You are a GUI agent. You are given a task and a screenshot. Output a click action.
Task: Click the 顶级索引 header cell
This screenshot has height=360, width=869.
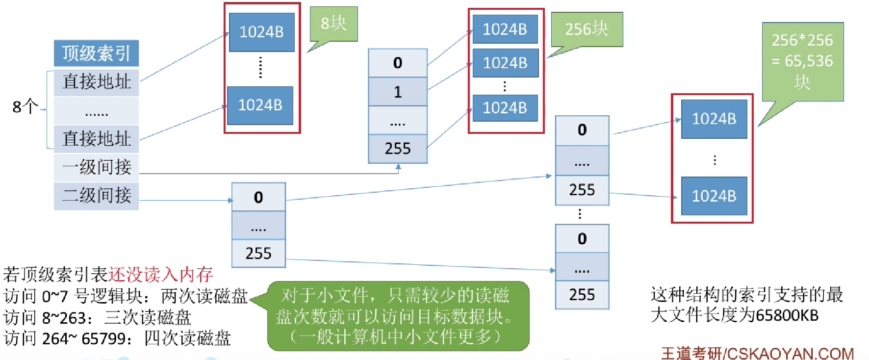pyautogui.click(x=96, y=53)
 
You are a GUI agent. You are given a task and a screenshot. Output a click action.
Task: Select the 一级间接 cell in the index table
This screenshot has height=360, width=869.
pyautogui.click(x=96, y=167)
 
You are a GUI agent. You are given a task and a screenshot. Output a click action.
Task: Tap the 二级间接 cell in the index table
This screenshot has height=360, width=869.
pyautogui.click(x=96, y=196)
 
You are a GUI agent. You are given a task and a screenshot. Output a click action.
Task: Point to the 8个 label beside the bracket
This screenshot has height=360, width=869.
pyautogui.click(x=25, y=106)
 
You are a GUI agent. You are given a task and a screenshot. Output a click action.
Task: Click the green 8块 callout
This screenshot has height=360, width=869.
pyautogui.click(x=333, y=24)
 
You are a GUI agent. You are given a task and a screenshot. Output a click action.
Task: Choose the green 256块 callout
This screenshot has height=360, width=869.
pyautogui.click(x=587, y=29)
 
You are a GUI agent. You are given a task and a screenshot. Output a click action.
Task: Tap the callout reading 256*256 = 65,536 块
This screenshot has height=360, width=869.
pyautogui.click(x=802, y=61)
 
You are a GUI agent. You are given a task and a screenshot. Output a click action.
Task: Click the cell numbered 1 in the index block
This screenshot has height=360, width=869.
pyautogui.click(x=397, y=92)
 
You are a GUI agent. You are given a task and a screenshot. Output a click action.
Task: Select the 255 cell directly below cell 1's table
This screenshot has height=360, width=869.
pyautogui.click(x=397, y=148)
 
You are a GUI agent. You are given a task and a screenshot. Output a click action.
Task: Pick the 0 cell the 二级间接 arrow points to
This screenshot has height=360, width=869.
pyautogui.click(x=258, y=197)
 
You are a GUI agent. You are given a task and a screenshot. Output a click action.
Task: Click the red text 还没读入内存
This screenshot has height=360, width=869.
pyautogui.click(x=160, y=274)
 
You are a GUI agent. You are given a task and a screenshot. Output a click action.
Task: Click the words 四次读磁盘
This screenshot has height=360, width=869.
pyautogui.click(x=187, y=338)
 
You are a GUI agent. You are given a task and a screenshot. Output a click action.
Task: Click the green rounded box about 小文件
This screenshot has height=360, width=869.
pyautogui.click(x=398, y=316)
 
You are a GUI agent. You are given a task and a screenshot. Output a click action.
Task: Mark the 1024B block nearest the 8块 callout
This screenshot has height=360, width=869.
pyautogui.click(x=261, y=32)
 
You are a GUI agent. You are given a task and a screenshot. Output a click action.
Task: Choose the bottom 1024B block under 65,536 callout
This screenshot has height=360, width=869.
pyautogui.click(x=714, y=196)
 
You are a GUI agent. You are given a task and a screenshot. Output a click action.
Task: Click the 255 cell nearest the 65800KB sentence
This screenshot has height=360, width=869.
pyautogui.click(x=582, y=294)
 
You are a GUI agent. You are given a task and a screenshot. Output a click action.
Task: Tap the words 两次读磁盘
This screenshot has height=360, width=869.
pyautogui.click(x=204, y=296)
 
